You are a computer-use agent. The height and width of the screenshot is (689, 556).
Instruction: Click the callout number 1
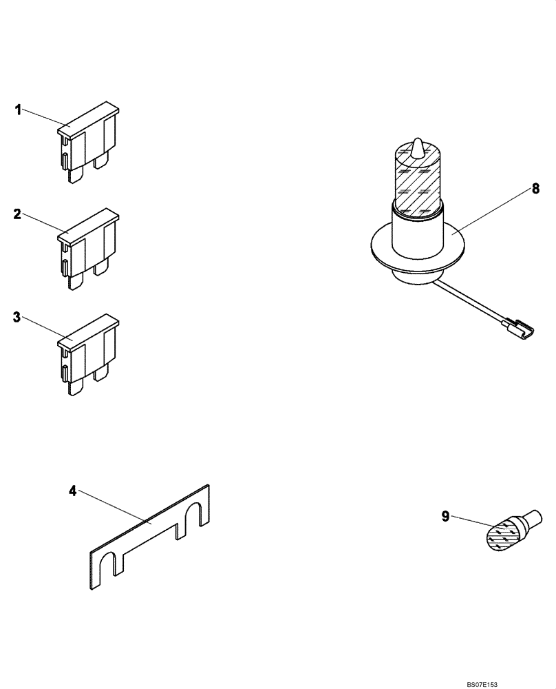pyautogui.click(x=19, y=109)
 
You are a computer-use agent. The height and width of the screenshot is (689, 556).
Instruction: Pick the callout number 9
pyautogui.click(x=445, y=516)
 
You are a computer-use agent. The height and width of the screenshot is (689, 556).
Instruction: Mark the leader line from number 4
pyautogui.click(x=114, y=506)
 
